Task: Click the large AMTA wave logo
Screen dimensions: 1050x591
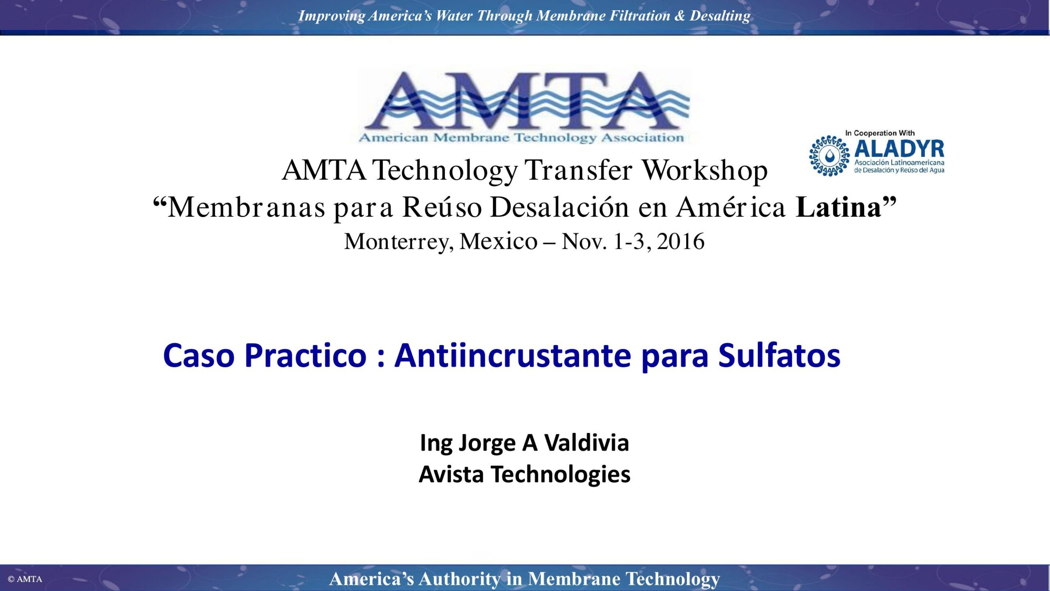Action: pyautogui.click(x=525, y=106)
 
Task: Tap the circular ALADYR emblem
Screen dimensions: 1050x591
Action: pyautogui.click(x=829, y=156)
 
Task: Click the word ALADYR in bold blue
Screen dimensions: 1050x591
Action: pyautogui.click(x=899, y=149)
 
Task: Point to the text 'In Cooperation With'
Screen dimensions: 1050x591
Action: pyautogui.click(x=880, y=133)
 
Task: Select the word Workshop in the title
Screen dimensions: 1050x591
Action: pyautogui.click(x=704, y=170)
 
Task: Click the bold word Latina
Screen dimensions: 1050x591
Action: pyautogui.click(x=838, y=207)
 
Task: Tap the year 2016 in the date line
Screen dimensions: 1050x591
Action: pyautogui.click(x=681, y=241)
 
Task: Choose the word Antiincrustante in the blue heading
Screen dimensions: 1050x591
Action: pyautogui.click(x=513, y=355)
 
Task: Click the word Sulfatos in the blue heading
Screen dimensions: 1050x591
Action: pyautogui.click(x=779, y=355)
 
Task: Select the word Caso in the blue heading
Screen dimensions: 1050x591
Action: pyautogui.click(x=199, y=355)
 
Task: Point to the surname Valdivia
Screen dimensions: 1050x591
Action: pyautogui.click(x=587, y=443)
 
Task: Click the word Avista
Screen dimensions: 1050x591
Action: pyautogui.click(x=451, y=474)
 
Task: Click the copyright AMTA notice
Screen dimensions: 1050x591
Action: pyautogui.click(x=25, y=579)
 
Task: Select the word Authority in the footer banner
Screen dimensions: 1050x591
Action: pyautogui.click(x=459, y=579)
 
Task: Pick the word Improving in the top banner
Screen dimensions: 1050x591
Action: pyautogui.click(x=331, y=16)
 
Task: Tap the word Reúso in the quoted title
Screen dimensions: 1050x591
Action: pyautogui.click(x=442, y=207)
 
